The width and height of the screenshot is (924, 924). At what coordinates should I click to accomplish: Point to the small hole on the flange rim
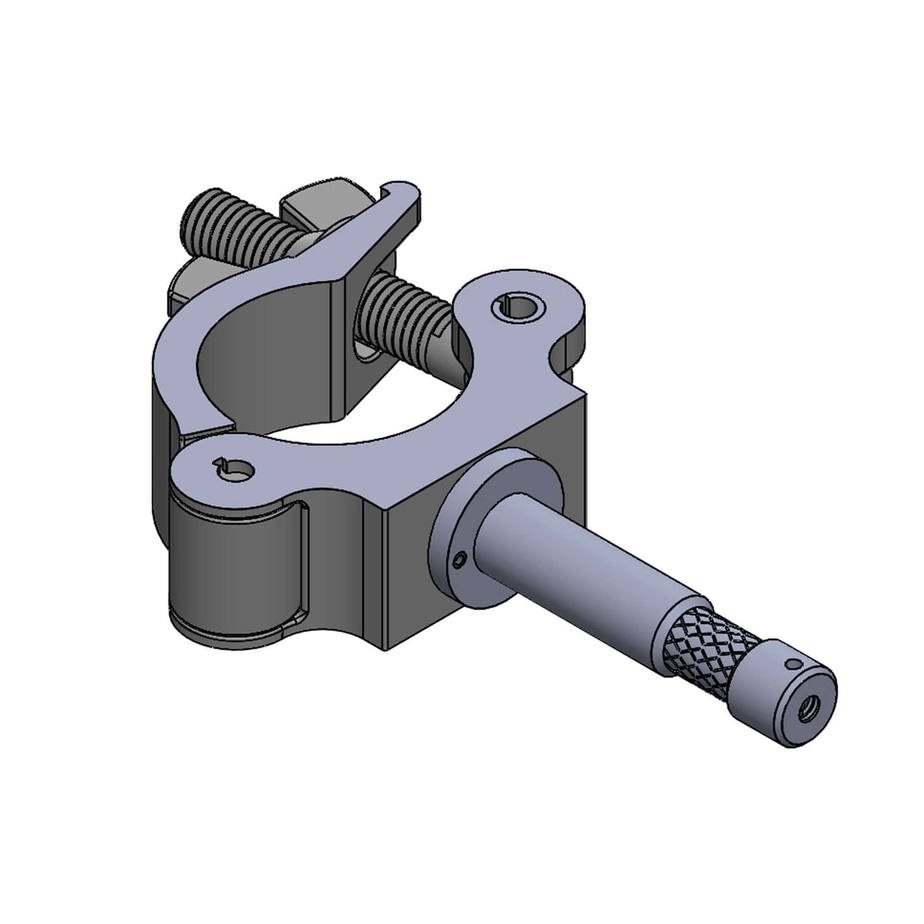click(x=457, y=561)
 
